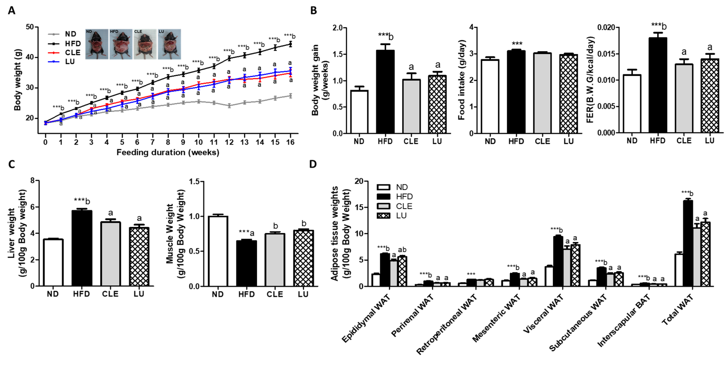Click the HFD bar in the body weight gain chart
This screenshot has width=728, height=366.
point(385,92)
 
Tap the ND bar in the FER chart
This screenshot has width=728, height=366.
point(632,104)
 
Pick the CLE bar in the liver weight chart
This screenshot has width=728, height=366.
point(110,254)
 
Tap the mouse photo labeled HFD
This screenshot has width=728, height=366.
point(121,44)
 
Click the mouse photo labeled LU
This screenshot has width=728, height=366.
point(169,44)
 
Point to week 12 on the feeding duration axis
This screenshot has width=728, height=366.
point(229,142)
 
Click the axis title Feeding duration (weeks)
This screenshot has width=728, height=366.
point(168,153)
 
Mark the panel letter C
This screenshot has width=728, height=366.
point(11,164)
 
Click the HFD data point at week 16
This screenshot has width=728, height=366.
point(290,44)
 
